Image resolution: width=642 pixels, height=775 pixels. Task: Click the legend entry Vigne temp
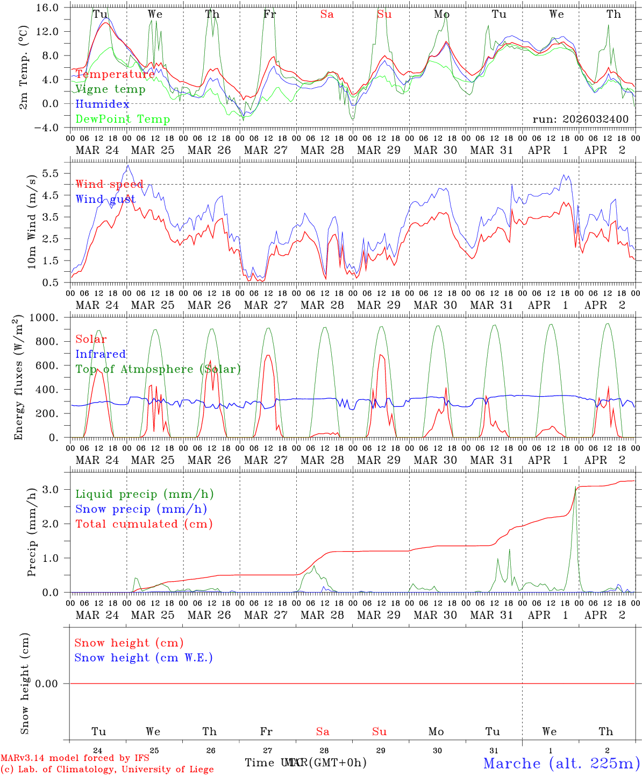coord(110,89)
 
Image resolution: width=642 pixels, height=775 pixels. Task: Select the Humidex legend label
coord(102,104)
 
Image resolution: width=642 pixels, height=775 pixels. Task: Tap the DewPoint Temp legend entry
coord(123,119)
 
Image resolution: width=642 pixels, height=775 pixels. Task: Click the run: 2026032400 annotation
coord(580,119)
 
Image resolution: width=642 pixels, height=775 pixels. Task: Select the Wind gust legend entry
coord(105,200)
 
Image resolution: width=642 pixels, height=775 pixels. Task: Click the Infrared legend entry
coord(101,354)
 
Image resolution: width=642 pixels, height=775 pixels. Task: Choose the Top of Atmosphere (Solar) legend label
coord(158,369)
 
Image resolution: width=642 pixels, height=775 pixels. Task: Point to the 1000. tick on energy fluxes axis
coord(44,318)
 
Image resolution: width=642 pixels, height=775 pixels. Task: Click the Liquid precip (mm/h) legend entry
coord(144,494)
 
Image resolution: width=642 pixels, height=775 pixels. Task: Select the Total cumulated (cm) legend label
coord(144,524)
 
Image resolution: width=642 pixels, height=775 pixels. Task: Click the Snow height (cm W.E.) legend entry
coord(143,658)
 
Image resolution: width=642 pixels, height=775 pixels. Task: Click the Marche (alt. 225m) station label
coord(561,763)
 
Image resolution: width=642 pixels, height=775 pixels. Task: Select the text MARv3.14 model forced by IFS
coord(75,758)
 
